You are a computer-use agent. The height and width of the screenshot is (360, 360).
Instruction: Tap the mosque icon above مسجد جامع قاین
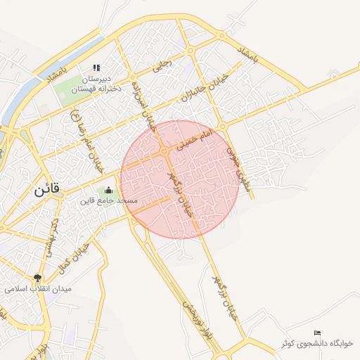(x=108, y=190)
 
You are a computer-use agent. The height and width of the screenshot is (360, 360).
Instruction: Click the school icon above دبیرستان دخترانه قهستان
(x=96, y=68)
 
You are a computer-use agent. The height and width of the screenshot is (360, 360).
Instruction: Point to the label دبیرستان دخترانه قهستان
(x=98, y=84)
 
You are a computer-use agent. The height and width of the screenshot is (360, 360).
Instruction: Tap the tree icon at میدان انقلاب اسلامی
(x=37, y=277)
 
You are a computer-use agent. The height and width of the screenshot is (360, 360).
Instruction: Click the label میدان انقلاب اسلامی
(x=25, y=288)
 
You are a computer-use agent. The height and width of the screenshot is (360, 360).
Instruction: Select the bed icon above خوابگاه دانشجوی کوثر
(x=317, y=332)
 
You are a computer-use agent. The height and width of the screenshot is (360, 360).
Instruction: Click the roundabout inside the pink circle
(x=164, y=152)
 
